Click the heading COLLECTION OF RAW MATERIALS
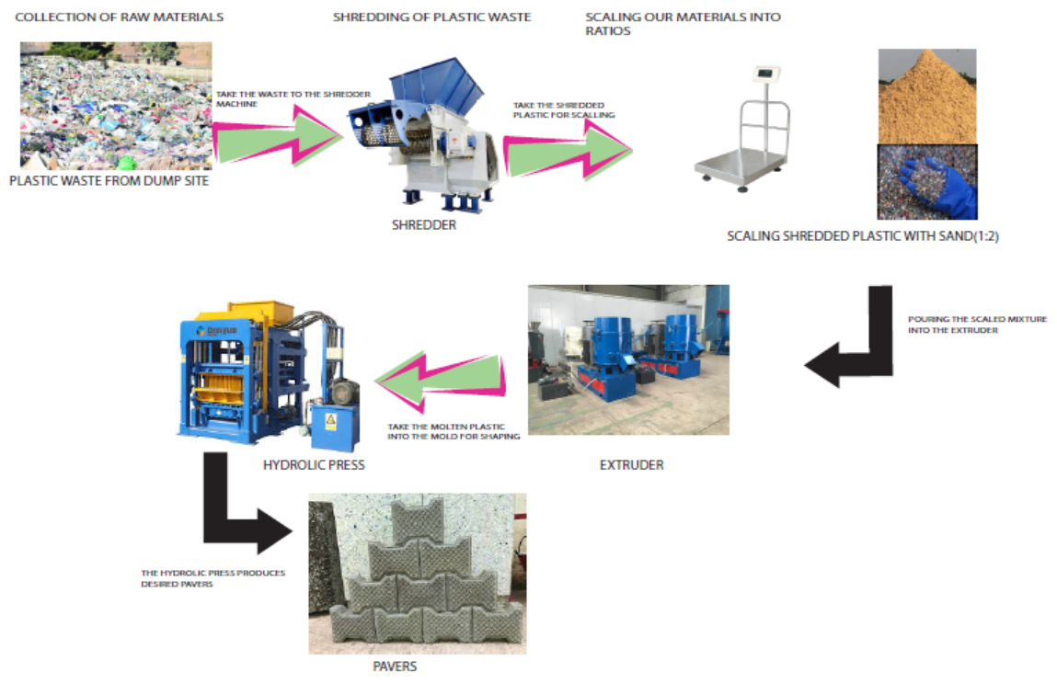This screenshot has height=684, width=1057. (x=120, y=17)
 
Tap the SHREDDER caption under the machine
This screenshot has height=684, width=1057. (x=423, y=224)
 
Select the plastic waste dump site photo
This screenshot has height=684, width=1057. (x=116, y=106)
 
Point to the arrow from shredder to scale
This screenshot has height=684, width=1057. (x=566, y=147)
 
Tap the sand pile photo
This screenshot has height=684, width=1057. (x=926, y=96)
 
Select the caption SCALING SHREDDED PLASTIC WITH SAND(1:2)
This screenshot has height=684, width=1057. (x=863, y=236)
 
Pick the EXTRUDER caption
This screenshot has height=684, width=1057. (x=631, y=465)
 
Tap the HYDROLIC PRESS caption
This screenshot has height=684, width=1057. (x=314, y=465)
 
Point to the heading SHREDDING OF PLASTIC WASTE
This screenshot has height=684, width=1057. (x=431, y=17)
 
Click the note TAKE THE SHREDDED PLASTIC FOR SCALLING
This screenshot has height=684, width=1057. (x=564, y=110)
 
